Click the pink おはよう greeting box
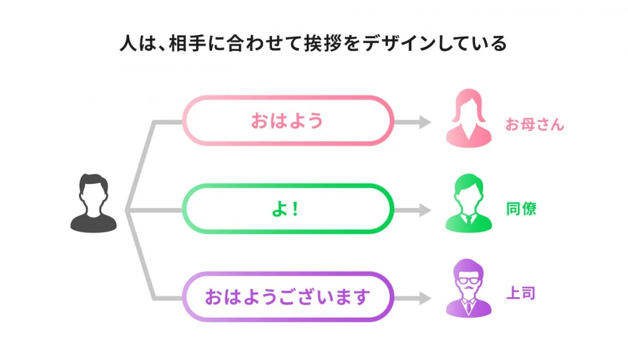tap(287, 120)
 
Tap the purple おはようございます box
tap(287, 297)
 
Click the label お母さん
tap(534, 125)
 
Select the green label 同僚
tap(521, 209)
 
